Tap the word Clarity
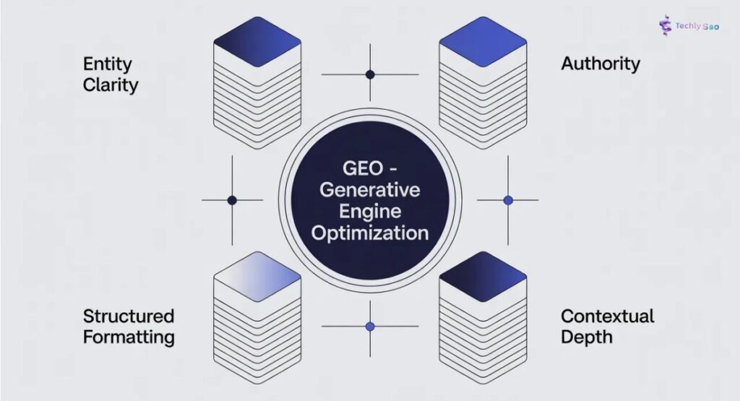(x=110, y=85)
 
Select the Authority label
(x=600, y=64)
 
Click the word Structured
(x=128, y=316)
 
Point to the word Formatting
(x=128, y=337)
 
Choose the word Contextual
(x=607, y=316)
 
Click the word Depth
(x=586, y=337)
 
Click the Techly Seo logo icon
(x=666, y=25)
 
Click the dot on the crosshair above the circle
(x=370, y=74)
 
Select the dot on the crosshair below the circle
(x=370, y=327)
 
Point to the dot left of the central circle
(x=232, y=200)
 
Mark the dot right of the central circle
(x=508, y=200)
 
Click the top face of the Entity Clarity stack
(x=257, y=41)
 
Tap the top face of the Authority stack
(x=483, y=41)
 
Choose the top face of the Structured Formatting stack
(x=257, y=275)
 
